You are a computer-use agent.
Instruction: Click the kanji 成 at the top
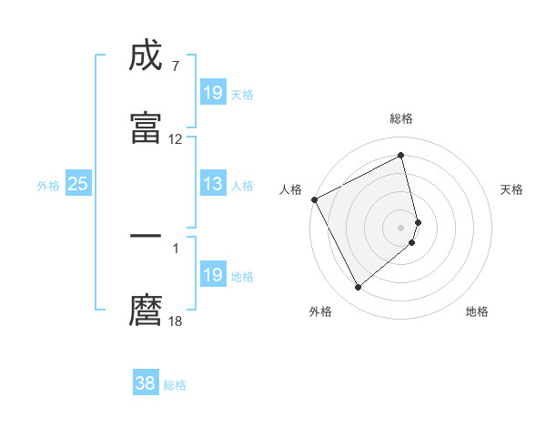(x=147, y=56)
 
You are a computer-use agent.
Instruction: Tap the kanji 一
(x=147, y=236)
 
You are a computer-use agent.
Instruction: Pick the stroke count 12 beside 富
(x=176, y=139)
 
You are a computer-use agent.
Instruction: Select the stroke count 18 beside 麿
(x=176, y=321)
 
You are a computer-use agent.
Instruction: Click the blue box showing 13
(x=213, y=184)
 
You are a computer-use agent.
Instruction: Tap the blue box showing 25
(x=77, y=184)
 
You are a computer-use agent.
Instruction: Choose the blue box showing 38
(x=145, y=383)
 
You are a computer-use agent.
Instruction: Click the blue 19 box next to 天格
(x=213, y=93)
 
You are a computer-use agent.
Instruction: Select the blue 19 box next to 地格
(x=213, y=275)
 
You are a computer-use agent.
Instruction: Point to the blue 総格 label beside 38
(x=175, y=385)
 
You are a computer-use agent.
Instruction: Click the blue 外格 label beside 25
(x=48, y=186)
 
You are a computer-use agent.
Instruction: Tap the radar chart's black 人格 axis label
(x=290, y=189)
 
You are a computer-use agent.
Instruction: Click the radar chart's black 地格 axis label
(x=477, y=311)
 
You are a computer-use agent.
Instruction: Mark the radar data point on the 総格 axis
(x=401, y=155)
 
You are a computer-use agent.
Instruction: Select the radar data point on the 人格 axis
(x=314, y=199)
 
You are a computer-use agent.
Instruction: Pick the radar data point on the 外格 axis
(x=358, y=287)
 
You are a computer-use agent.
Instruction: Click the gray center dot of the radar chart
(x=401, y=227)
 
